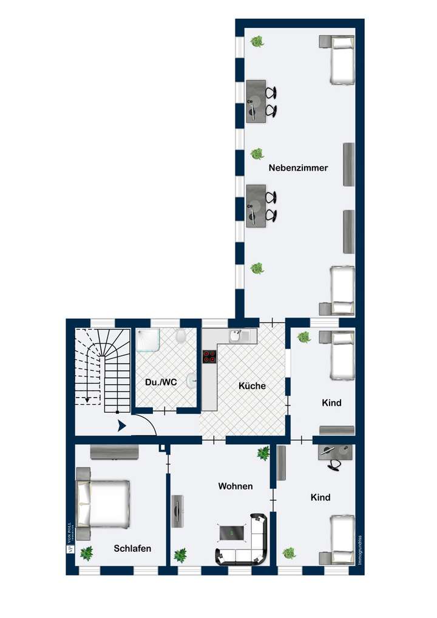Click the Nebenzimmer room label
coord(298,168)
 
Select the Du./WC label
coord(161,383)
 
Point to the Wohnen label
coord(235,486)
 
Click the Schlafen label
coord(132,548)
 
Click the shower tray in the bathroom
coord(148,341)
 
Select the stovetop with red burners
coord(209,358)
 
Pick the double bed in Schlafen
coord(103,504)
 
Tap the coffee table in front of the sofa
coord(233,532)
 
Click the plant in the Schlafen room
coord(86,552)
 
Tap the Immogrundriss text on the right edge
coord(360,550)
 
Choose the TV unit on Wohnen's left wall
coord(176,511)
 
